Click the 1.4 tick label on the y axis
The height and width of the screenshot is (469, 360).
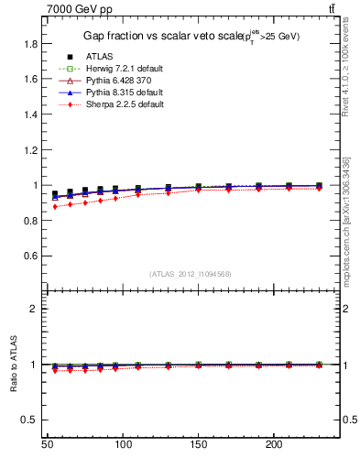click(30, 115)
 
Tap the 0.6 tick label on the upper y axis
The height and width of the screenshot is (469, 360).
click(30, 256)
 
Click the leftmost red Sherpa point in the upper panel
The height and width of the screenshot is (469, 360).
click(55, 207)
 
